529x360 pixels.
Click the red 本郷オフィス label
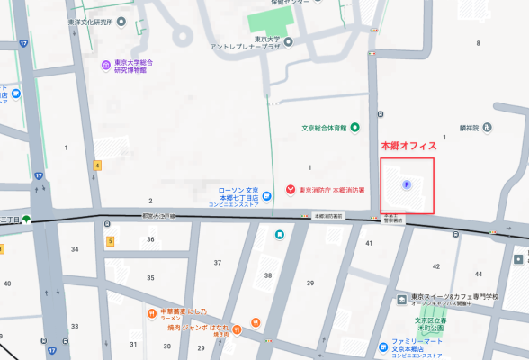click(409, 146)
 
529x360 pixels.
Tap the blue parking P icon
click(406, 185)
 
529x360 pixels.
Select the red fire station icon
click(290, 190)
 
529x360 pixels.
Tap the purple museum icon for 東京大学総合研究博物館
click(105, 64)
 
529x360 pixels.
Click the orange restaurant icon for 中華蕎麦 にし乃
click(152, 313)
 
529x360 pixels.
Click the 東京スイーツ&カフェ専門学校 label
click(454, 297)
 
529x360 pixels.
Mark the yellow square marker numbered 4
click(96, 165)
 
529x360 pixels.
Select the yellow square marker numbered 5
click(110, 241)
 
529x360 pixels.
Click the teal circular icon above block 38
click(280, 235)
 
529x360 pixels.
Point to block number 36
click(150, 239)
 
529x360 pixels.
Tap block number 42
click(436, 265)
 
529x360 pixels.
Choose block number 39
click(309, 283)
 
